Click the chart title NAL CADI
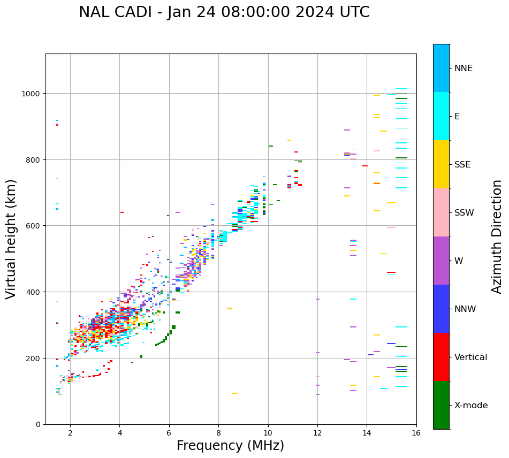coord(224,12)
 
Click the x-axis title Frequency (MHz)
coord(230,446)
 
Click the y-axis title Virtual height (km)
coord(11,239)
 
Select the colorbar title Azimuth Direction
coord(497,236)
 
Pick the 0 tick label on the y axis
coord(39,424)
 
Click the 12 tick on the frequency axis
coord(317,433)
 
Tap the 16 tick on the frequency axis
coord(416,433)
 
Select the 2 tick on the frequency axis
coord(70,433)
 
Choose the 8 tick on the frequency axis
coord(218,433)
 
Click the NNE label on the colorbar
coord(464,68)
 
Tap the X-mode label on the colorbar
coord(471,405)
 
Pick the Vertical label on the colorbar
coord(471,357)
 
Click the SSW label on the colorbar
coord(464,212)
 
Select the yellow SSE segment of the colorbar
coord(441,164)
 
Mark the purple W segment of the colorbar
coord(441,261)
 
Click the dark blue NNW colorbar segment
coord(441,309)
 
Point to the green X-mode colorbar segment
coord(441,405)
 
